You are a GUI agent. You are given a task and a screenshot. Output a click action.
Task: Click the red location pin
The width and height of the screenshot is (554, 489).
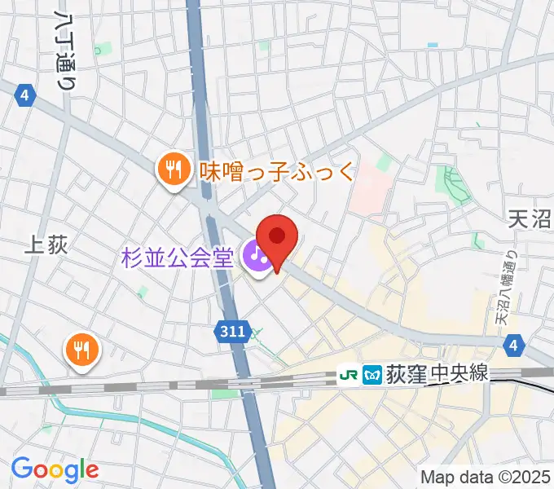click(x=277, y=239)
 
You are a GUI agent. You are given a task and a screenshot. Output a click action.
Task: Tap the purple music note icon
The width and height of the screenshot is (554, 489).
click(x=258, y=258)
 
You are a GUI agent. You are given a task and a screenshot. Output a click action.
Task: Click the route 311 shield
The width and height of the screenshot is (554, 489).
click(x=234, y=330)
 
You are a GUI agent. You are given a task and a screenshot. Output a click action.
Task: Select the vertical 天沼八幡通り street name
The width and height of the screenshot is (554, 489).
click(x=512, y=289)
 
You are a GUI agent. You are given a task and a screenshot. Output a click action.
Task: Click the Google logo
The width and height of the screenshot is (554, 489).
click(x=55, y=469)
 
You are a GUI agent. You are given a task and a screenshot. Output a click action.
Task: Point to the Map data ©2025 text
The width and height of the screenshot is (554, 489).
click(x=486, y=476)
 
